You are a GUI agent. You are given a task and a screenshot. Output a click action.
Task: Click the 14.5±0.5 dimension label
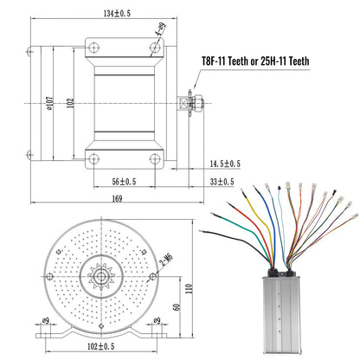pos(223,164)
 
